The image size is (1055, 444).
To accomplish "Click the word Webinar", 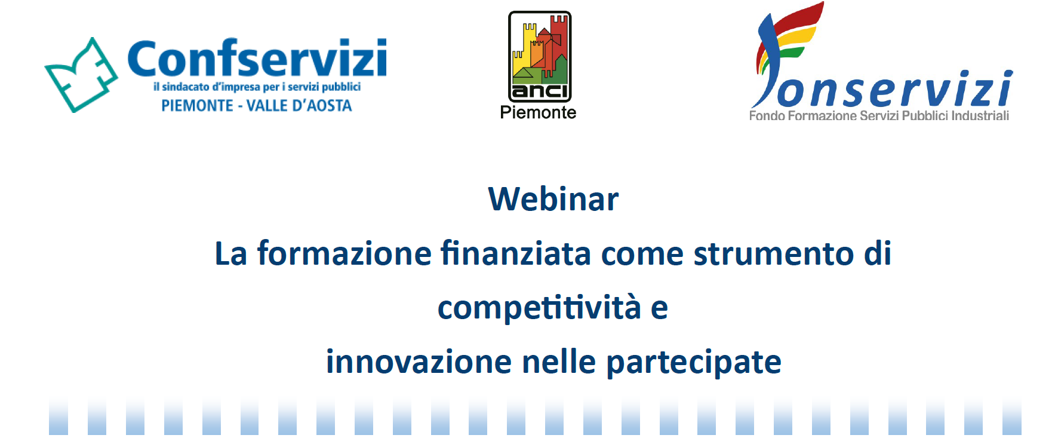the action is click(x=553, y=199).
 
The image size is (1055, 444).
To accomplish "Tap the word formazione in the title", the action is click(x=344, y=253).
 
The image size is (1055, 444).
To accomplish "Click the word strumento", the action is click(x=773, y=255).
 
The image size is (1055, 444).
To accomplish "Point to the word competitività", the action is click(x=539, y=308).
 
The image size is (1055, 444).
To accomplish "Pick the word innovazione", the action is click(x=419, y=362).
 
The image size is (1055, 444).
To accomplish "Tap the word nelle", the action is click(x=559, y=362).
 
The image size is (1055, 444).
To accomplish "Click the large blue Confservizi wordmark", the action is click(x=257, y=58).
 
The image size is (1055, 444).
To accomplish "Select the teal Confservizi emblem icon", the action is click(x=81, y=75).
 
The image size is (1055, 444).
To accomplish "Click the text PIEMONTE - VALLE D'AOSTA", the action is click(x=257, y=106).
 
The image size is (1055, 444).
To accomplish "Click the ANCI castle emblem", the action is click(x=540, y=57).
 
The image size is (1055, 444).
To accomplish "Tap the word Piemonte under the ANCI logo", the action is click(x=538, y=112).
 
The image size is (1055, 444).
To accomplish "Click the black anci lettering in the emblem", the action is click(x=540, y=91).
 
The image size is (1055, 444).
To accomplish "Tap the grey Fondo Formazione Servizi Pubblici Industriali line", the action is click(x=879, y=116).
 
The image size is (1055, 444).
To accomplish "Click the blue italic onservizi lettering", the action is click(x=894, y=89).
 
